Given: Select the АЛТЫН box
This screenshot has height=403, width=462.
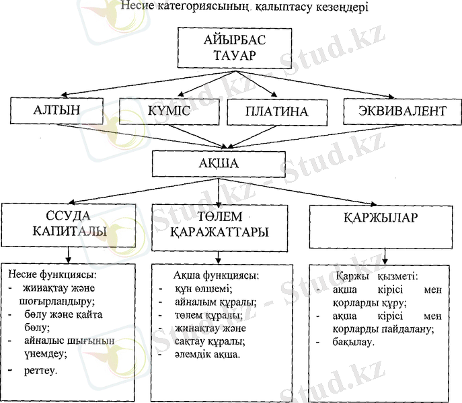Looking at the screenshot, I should coord(56,111).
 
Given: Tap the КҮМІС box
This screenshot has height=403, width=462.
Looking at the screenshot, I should coord(169,111).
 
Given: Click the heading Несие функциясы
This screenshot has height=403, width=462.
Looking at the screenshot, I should coord(52,275).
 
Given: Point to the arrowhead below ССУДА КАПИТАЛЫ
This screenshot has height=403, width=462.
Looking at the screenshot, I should coord(69,259).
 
